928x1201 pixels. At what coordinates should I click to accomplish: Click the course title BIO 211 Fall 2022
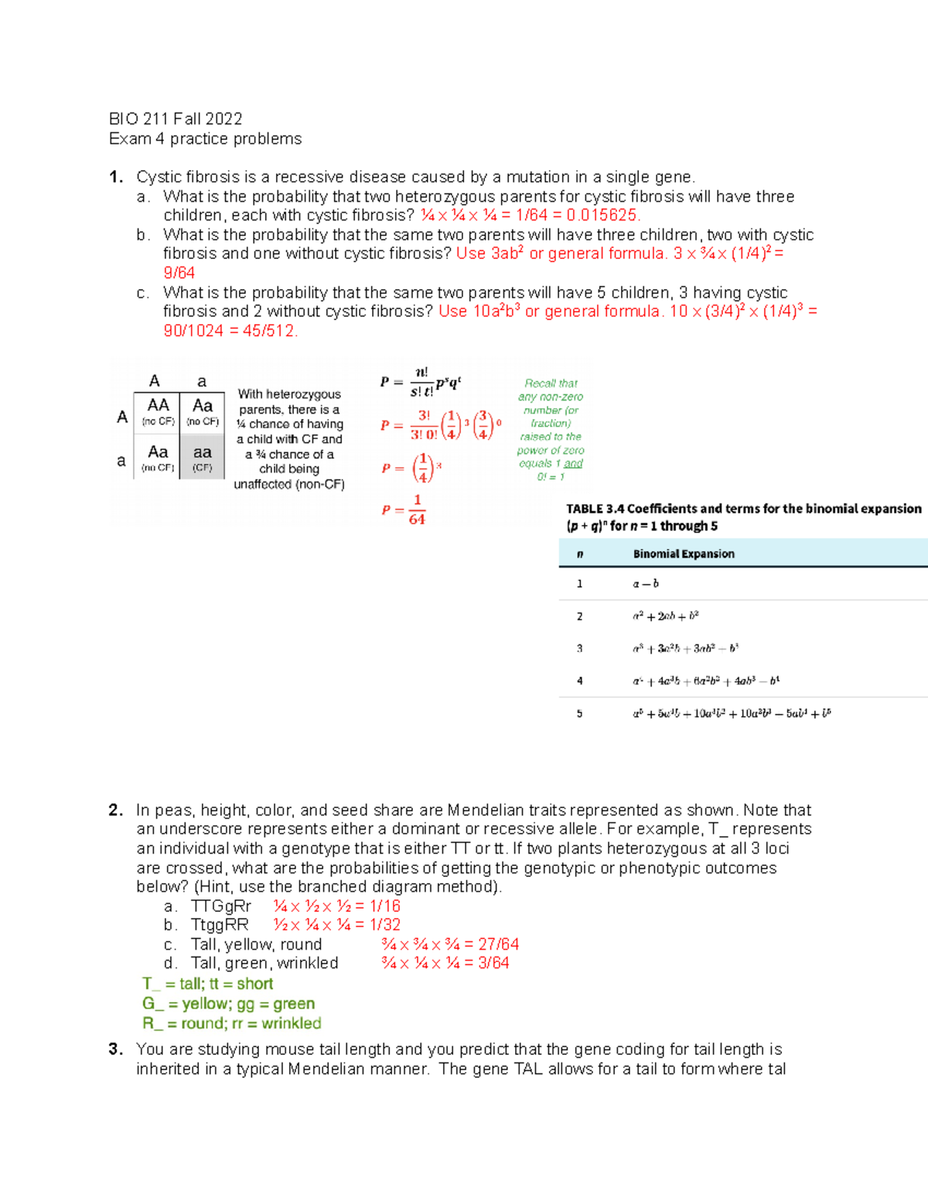(x=176, y=119)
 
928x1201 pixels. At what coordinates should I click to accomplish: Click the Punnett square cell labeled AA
(x=158, y=411)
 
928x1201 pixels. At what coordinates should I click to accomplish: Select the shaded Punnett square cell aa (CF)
(x=203, y=457)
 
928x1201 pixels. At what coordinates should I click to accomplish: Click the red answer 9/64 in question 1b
(x=179, y=273)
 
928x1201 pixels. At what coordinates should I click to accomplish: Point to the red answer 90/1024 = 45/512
(x=230, y=331)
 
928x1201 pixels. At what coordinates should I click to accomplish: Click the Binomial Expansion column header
(x=684, y=554)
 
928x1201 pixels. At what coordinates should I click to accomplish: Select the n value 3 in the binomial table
(x=579, y=649)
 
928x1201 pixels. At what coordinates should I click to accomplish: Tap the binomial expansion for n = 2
(x=665, y=616)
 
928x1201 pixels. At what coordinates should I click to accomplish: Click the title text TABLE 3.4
(x=595, y=509)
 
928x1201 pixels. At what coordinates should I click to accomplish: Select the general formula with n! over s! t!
(x=421, y=383)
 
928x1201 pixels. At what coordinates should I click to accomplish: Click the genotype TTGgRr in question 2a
(x=221, y=906)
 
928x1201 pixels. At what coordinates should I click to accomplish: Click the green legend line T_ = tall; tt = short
(x=207, y=984)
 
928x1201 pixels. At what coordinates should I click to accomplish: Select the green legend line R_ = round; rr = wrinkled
(x=231, y=1023)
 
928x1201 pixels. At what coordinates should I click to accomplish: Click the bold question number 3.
(x=116, y=1049)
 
